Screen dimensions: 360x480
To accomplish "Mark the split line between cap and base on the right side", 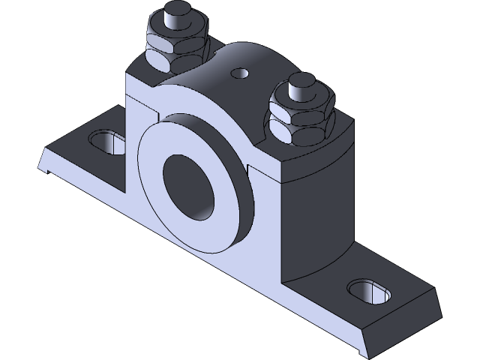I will [315, 178].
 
